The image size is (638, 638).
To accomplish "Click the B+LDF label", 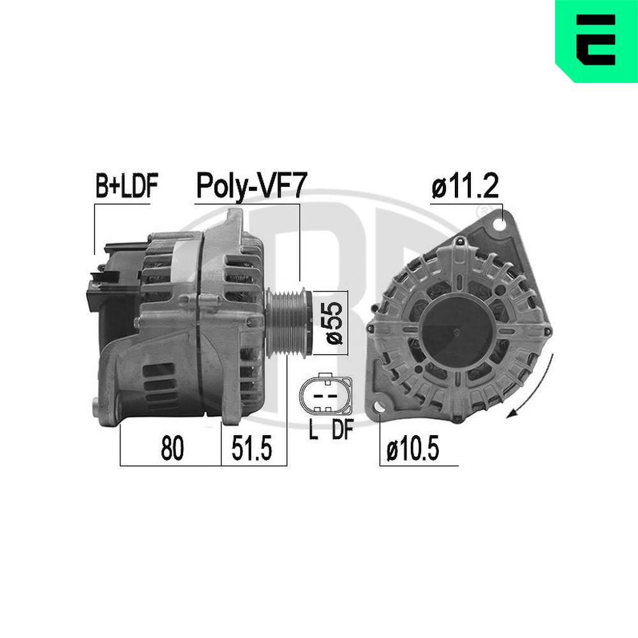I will [x=126, y=187].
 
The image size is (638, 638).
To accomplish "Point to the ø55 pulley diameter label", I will [x=335, y=322].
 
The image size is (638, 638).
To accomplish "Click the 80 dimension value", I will [x=172, y=450].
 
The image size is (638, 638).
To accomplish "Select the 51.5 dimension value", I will [x=252, y=450].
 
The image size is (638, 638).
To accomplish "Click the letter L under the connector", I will [x=313, y=431].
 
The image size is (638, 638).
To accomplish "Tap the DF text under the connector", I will [x=341, y=431].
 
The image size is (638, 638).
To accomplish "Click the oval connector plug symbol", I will [x=326, y=396].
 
